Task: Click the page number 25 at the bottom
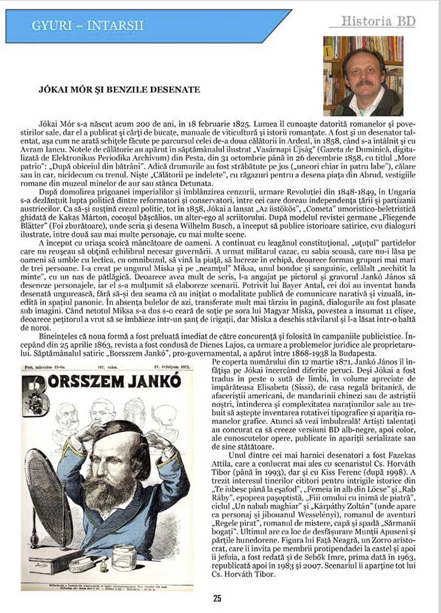coord(217,599)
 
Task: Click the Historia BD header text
coord(377,21)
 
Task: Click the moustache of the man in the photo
coord(365,82)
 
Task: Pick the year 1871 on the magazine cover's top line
coord(183,365)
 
